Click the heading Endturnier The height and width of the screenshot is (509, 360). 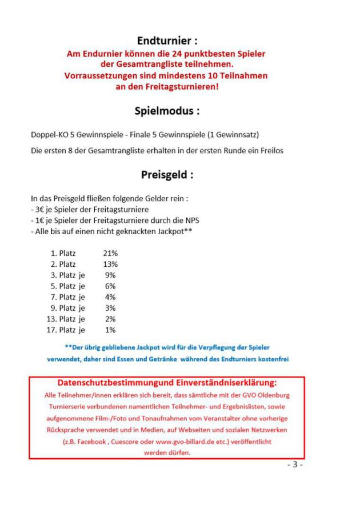[x=167, y=41]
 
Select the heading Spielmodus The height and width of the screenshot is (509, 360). [x=167, y=111]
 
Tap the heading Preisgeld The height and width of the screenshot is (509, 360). [x=167, y=175]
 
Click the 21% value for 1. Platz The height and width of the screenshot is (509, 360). [x=110, y=253]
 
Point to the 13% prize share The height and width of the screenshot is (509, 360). [x=110, y=264]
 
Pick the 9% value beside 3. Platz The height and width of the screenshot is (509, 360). [x=110, y=275]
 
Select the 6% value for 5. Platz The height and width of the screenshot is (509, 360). [x=110, y=286]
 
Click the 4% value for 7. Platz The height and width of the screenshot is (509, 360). [x=110, y=297]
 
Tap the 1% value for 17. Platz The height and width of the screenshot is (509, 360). [x=110, y=330]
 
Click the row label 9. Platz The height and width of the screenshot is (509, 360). [x=63, y=308]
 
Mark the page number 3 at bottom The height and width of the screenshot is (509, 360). [x=295, y=464]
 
